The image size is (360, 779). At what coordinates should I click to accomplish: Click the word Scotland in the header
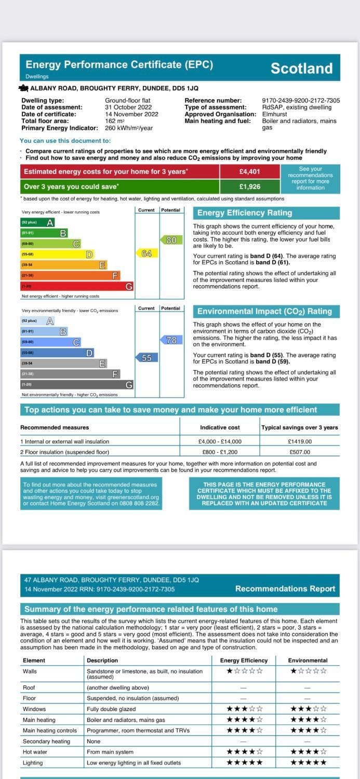tap(301, 69)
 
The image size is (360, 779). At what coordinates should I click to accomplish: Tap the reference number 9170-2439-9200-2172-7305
tap(301, 101)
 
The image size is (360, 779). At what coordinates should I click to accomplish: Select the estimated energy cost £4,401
tap(249, 171)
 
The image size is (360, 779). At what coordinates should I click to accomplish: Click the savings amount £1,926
tap(249, 186)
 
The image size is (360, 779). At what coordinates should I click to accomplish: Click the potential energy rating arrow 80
tap(171, 240)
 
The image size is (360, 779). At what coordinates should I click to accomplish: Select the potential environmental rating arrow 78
tap(171, 340)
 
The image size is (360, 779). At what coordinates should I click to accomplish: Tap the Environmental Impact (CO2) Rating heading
tap(264, 312)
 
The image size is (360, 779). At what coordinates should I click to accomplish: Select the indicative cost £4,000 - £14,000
tap(220, 441)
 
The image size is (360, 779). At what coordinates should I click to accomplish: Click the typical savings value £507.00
tap(299, 452)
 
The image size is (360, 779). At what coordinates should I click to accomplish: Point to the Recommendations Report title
tap(285, 589)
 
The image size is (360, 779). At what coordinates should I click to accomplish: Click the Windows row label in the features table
tap(34, 709)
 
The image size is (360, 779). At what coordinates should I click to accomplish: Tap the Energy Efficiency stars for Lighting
tap(244, 762)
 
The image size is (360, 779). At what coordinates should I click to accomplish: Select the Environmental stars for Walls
tap(308, 671)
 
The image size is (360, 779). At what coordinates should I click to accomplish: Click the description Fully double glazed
tap(111, 709)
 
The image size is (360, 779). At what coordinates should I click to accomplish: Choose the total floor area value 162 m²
tap(115, 121)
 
